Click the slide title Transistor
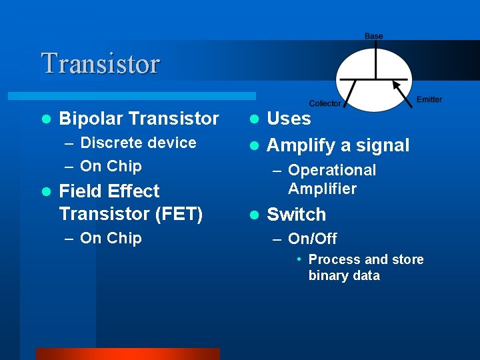pyautogui.click(x=101, y=64)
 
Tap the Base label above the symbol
pyautogui.click(x=373, y=36)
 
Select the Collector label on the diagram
pyautogui.click(x=325, y=103)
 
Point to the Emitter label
pyautogui.click(x=429, y=99)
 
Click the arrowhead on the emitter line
pyautogui.click(x=396, y=85)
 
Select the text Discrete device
pyautogui.click(x=138, y=143)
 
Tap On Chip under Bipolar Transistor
pyautogui.click(x=111, y=166)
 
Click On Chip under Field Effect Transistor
pyautogui.click(x=111, y=238)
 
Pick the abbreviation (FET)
pyautogui.click(x=178, y=214)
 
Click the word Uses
pyautogui.click(x=289, y=119)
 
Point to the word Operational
pyautogui.click(x=332, y=171)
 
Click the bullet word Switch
pyautogui.click(x=297, y=215)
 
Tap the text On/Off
pyautogui.click(x=312, y=239)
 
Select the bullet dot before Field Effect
pyautogui.click(x=45, y=192)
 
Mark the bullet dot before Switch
pyautogui.click(x=253, y=215)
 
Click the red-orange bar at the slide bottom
pyautogui.click(x=127, y=354)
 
